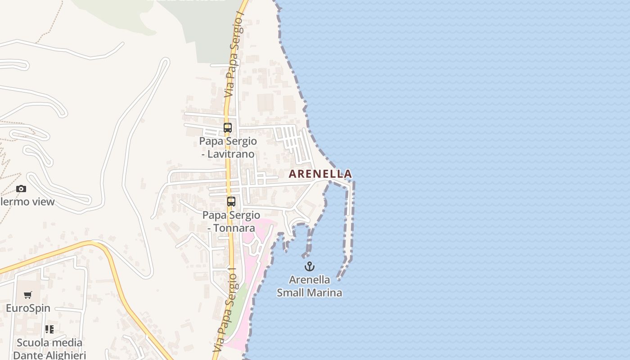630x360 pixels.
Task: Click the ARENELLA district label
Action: (320, 174)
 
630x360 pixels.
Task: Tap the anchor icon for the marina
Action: (309, 266)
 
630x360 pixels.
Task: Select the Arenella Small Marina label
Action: (309, 286)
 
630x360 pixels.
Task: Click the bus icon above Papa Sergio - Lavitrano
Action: (228, 128)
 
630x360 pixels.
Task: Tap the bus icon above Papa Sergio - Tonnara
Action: (231, 202)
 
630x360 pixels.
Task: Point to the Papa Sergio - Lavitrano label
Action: (228, 148)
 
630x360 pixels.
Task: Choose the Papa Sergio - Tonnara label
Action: (231, 221)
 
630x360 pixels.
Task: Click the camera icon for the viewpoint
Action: (21, 189)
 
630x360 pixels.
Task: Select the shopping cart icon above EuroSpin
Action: (28, 295)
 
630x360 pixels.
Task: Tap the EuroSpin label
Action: (28, 309)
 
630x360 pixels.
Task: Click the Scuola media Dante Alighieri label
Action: (49, 349)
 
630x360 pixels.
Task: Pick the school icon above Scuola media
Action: (49, 329)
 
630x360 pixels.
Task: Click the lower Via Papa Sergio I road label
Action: (225, 310)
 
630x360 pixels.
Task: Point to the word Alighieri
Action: (64, 355)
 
